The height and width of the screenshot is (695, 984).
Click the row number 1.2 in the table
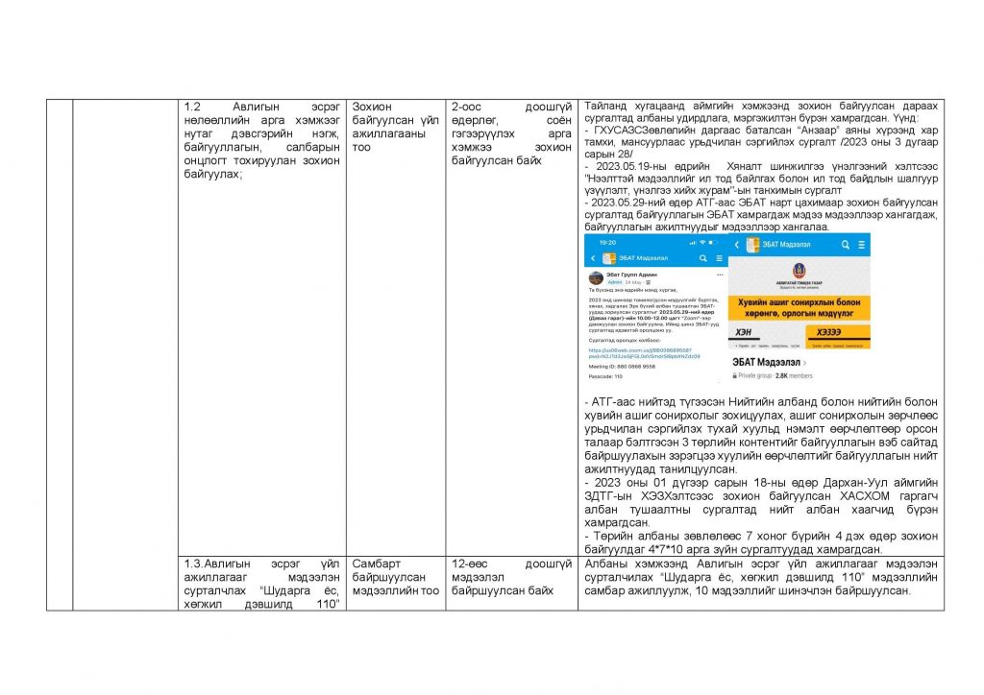pos(192,106)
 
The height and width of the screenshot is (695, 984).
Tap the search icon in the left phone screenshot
pos(702,258)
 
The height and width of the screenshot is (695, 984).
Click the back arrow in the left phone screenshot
pos(593,258)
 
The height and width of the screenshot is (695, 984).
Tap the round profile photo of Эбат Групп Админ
pos(596,277)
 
